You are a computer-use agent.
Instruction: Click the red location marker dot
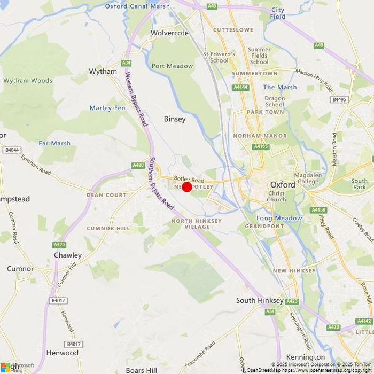(187, 186)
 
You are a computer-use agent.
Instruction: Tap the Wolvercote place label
(169, 33)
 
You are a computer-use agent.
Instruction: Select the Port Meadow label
(172, 66)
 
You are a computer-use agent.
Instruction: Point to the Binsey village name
(175, 119)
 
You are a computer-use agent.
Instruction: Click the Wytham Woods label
(28, 81)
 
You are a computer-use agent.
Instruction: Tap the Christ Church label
(276, 197)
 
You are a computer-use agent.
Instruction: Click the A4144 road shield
(240, 87)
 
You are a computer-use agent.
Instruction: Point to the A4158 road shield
(318, 210)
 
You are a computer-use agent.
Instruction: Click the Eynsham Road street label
(36, 165)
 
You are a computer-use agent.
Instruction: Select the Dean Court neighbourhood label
(106, 195)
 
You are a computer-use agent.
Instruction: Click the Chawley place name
(68, 255)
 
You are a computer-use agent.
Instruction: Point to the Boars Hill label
(142, 370)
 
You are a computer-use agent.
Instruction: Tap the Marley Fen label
(107, 108)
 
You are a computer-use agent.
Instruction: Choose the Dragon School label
(275, 102)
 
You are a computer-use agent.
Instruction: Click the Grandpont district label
(264, 226)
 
